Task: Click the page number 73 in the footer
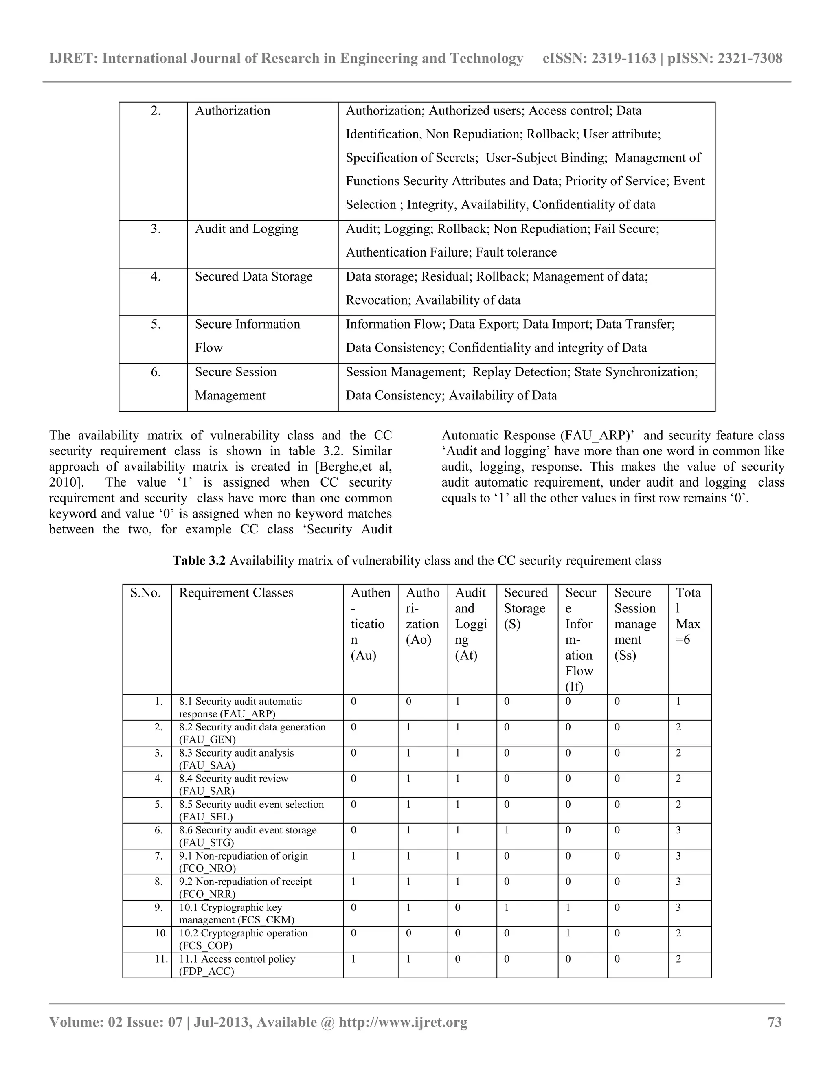pyautogui.click(x=775, y=1022)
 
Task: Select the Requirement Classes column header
pyautogui.click(x=236, y=592)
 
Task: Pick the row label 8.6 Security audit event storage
pyautogui.click(x=248, y=836)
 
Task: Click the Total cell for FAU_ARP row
pyautogui.click(x=678, y=702)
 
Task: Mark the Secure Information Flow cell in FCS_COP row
pyautogui.click(x=568, y=933)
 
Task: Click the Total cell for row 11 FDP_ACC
pyautogui.click(x=678, y=959)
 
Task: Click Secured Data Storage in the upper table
pyautogui.click(x=253, y=276)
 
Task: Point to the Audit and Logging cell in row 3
pyautogui.click(x=246, y=229)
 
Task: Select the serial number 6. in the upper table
pyautogui.click(x=156, y=371)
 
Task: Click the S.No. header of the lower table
pyautogui.click(x=145, y=592)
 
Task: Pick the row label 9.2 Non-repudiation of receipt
pyautogui.click(x=245, y=887)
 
